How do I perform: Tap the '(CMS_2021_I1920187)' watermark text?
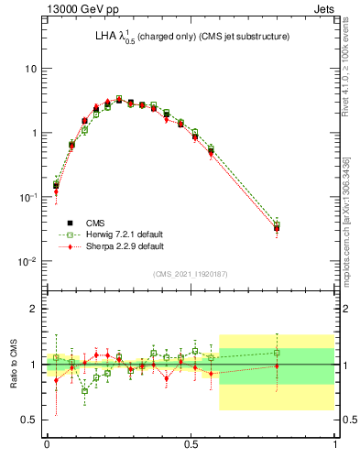click(191, 274)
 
